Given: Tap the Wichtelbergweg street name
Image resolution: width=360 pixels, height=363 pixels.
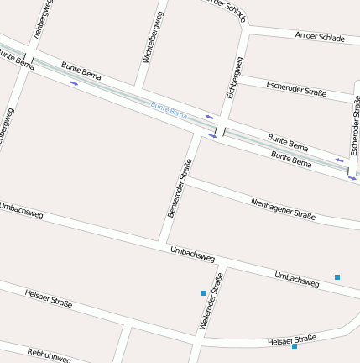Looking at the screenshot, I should (x=154, y=38).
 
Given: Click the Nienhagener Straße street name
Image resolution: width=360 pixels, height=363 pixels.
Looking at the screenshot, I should (x=283, y=208).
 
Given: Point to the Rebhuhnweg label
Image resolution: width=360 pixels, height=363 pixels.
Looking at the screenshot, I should (x=49, y=354).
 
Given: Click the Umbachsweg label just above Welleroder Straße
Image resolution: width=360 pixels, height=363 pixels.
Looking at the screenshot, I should (x=192, y=254).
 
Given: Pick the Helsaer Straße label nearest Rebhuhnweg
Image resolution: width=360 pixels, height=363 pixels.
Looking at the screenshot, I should (x=49, y=297).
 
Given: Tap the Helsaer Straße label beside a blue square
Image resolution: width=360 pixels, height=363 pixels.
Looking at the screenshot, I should (x=291, y=340).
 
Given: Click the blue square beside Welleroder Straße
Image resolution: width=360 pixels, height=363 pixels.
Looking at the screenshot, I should (x=204, y=293).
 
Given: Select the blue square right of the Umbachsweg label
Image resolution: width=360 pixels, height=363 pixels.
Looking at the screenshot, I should (x=337, y=276).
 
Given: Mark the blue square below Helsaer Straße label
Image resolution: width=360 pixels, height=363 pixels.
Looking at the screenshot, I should (x=295, y=346).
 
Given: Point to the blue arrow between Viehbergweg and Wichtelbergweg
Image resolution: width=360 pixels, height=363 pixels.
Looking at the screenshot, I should (x=74, y=83).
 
